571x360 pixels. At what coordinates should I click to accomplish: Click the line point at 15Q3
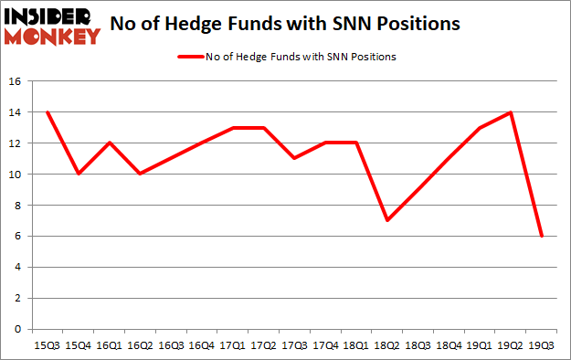(48, 112)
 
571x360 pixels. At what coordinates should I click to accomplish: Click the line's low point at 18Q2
(388, 220)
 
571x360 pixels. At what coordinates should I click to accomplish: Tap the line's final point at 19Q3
(543, 236)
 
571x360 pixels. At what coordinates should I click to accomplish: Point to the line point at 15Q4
(79, 174)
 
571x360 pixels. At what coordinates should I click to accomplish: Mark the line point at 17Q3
(295, 158)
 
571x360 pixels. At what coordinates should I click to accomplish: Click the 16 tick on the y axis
(18, 81)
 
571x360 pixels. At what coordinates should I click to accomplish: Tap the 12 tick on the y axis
(18, 143)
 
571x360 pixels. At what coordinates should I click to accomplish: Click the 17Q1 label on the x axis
(233, 346)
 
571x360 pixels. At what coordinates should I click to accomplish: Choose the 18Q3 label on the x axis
(419, 346)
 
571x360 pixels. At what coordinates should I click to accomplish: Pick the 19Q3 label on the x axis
(543, 346)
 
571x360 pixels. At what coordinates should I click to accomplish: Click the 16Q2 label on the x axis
(141, 346)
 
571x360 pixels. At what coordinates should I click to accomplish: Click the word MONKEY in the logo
(53, 37)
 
